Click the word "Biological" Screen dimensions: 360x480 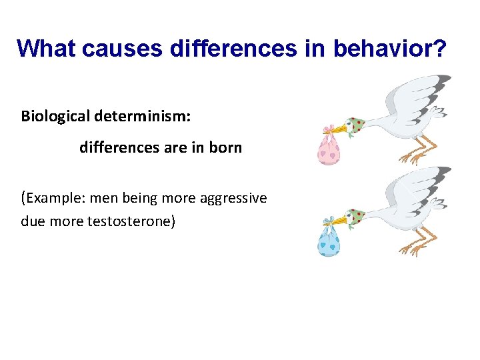[x=55, y=116]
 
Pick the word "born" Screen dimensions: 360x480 [x=225, y=147]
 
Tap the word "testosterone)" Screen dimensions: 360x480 [x=131, y=221]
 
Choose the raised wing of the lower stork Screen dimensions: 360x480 [x=417, y=187]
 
